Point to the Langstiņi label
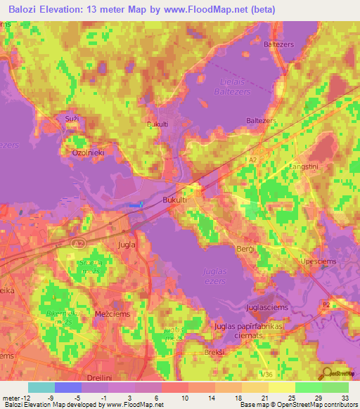coord(304,166)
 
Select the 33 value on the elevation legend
coord(345,397)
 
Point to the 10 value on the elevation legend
coord(185,397)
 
